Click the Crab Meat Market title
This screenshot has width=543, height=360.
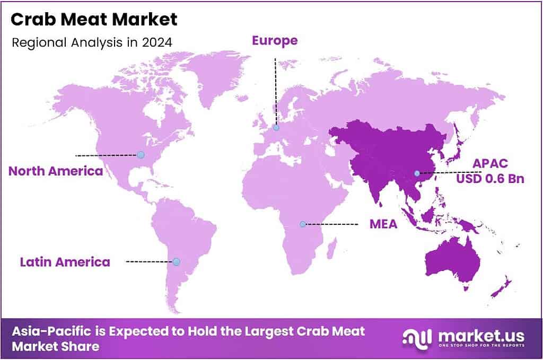click(94, 20)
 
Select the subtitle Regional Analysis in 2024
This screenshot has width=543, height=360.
click(92, 42)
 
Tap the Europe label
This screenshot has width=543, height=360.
click(275, 40)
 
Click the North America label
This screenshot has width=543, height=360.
click(56, 171)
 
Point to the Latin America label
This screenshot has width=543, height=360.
click(65, 261)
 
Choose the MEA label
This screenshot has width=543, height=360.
click(383, 224)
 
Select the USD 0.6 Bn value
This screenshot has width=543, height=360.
click(490, 179)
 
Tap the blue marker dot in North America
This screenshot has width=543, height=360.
click(141, 155)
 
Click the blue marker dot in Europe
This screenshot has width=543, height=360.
click(276, 127)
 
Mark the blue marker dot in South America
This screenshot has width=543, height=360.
click(177, 261)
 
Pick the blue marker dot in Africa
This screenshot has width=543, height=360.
click(303, 224)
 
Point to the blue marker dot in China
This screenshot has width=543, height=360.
click(417, 173)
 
